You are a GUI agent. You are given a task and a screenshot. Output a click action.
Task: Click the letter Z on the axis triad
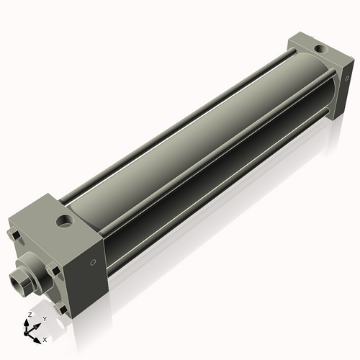(x=30, y=315)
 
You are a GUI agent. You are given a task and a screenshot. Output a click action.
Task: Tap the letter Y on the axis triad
(x=44, y=318)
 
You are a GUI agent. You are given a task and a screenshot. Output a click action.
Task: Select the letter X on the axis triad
(x=45, y=338)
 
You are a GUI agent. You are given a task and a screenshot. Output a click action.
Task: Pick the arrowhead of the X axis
(x=39, y=337)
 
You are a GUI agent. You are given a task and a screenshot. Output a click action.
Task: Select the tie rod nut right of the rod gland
(x=54, y=271)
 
